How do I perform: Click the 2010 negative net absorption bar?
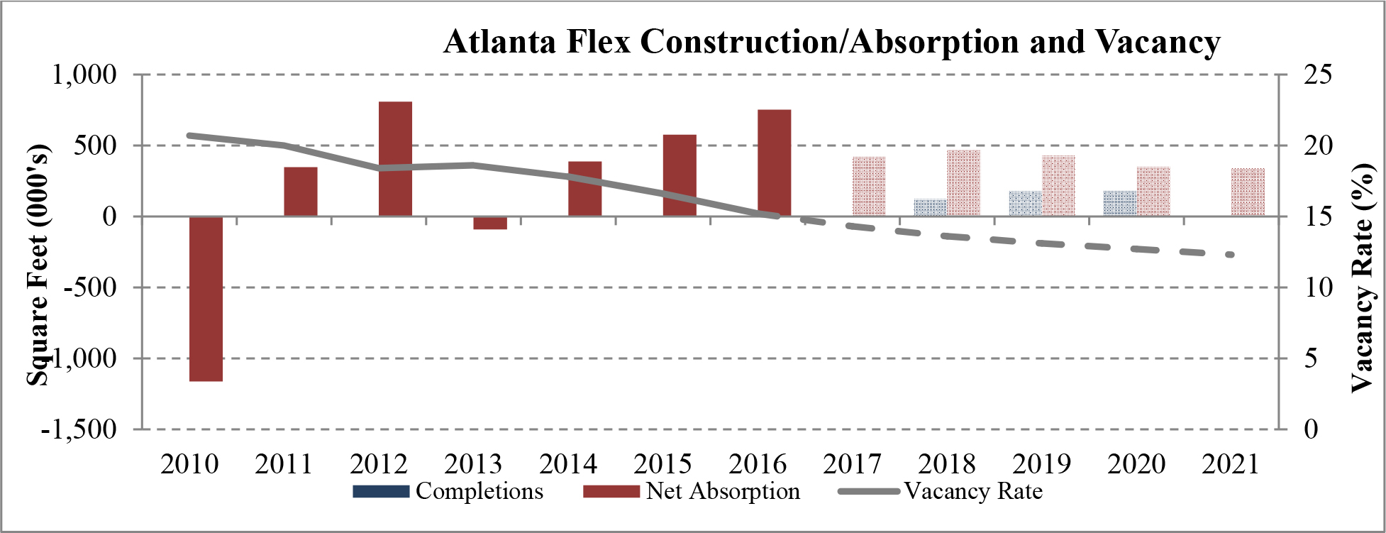[x=206, y=298]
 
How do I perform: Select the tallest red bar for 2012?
[x=395, y=159]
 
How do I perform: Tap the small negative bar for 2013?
[x=490, y=223]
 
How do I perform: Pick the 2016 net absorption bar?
[x=774, y=163]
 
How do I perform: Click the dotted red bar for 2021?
[x=1248, y=192]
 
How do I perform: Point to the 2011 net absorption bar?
[x=301, y=192]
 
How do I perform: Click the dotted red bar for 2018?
[x=963, y=183]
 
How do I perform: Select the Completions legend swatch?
[x=381, y=491]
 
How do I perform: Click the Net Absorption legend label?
[x=722, y=491]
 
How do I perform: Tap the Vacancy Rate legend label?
[x=973, y=491]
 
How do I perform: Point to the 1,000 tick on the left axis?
[x=84, y=75]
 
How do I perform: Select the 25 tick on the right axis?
[x=1318, y=75]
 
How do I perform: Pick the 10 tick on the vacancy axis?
[x=1318, y=287]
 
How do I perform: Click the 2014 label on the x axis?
[x=568, y=464]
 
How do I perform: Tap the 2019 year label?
[x=1041, y=464]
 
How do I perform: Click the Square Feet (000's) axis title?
[x=39, y=266]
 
